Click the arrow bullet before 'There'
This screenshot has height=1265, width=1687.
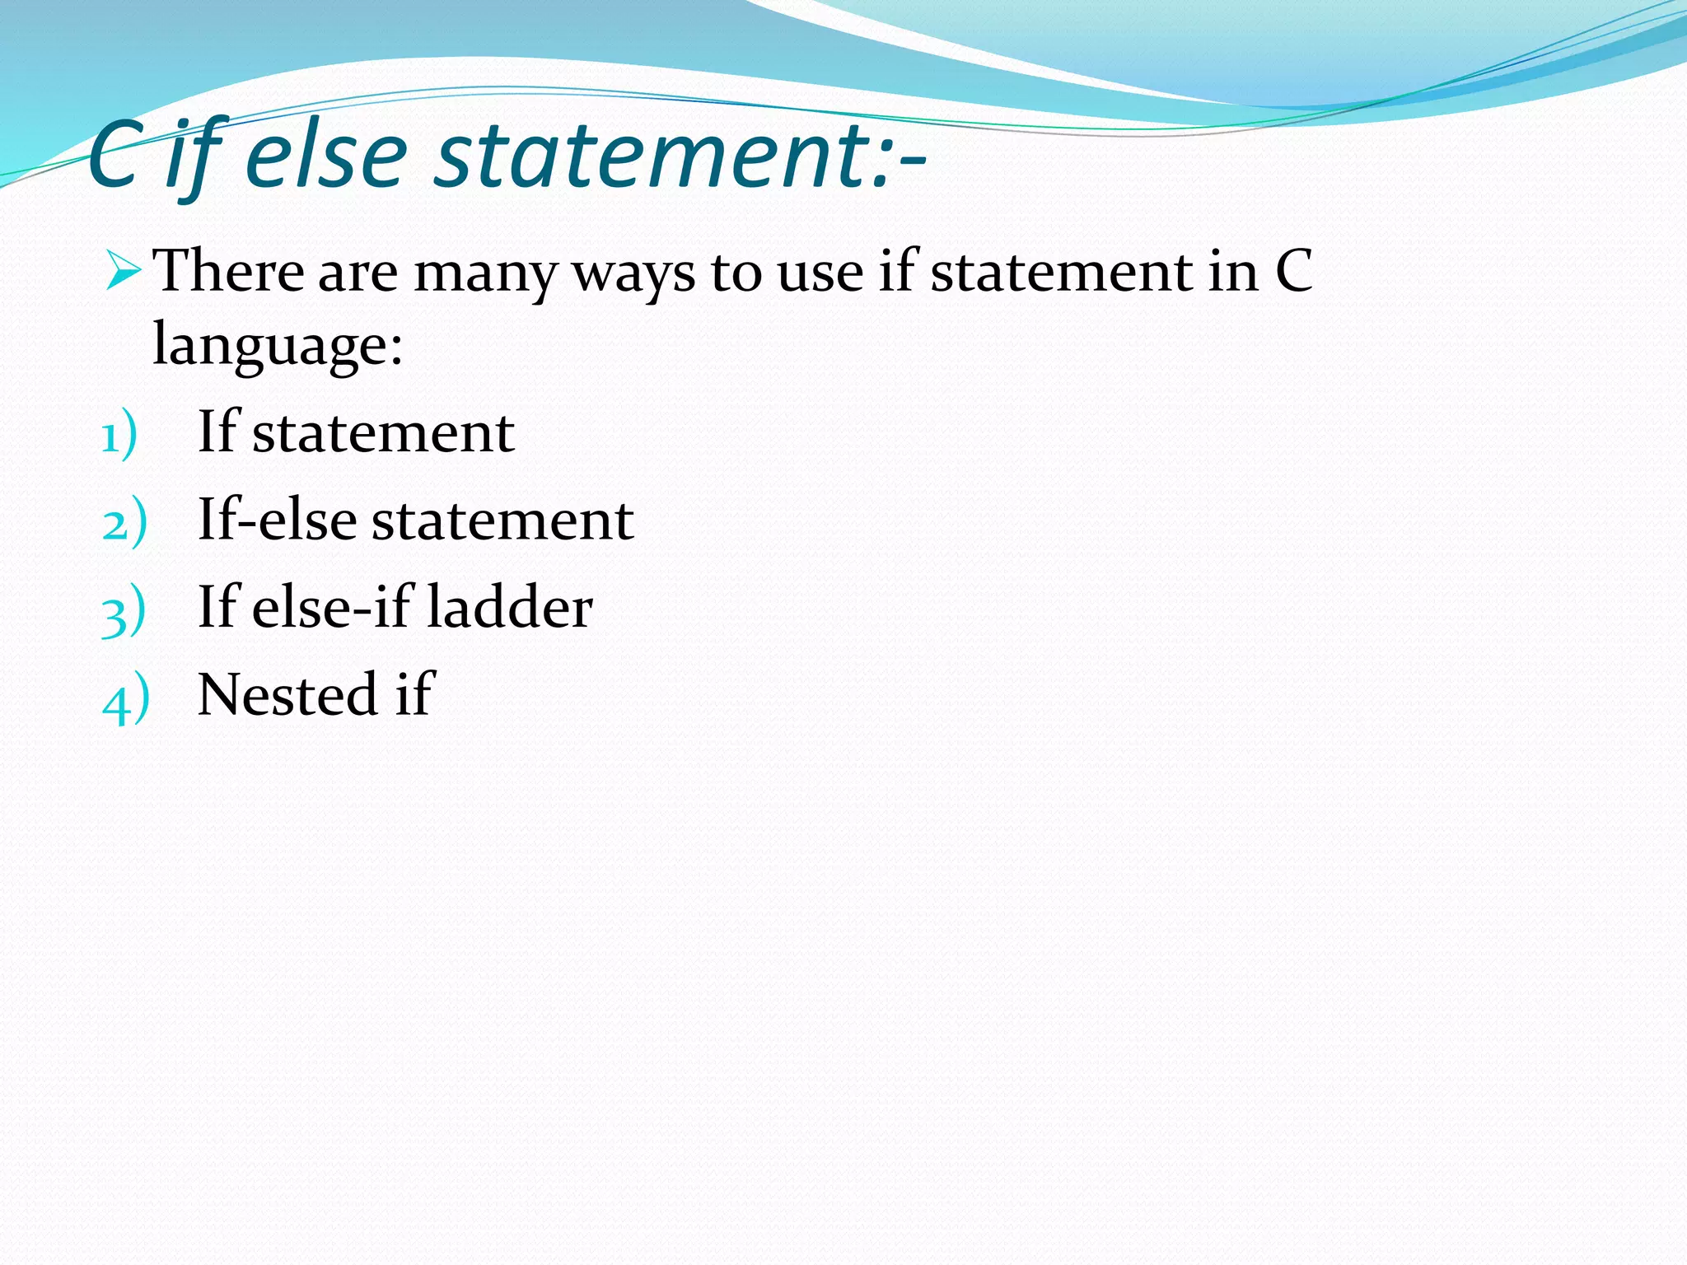[x=124, y=271]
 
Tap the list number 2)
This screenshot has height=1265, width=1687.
[x=124, y=524]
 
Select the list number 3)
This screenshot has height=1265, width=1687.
[x=124, y=612]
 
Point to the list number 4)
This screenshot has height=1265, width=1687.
[x=126, y=700]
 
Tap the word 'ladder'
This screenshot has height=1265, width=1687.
[x=510, y=607]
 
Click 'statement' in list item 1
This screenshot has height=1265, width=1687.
[x=383, y=432]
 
